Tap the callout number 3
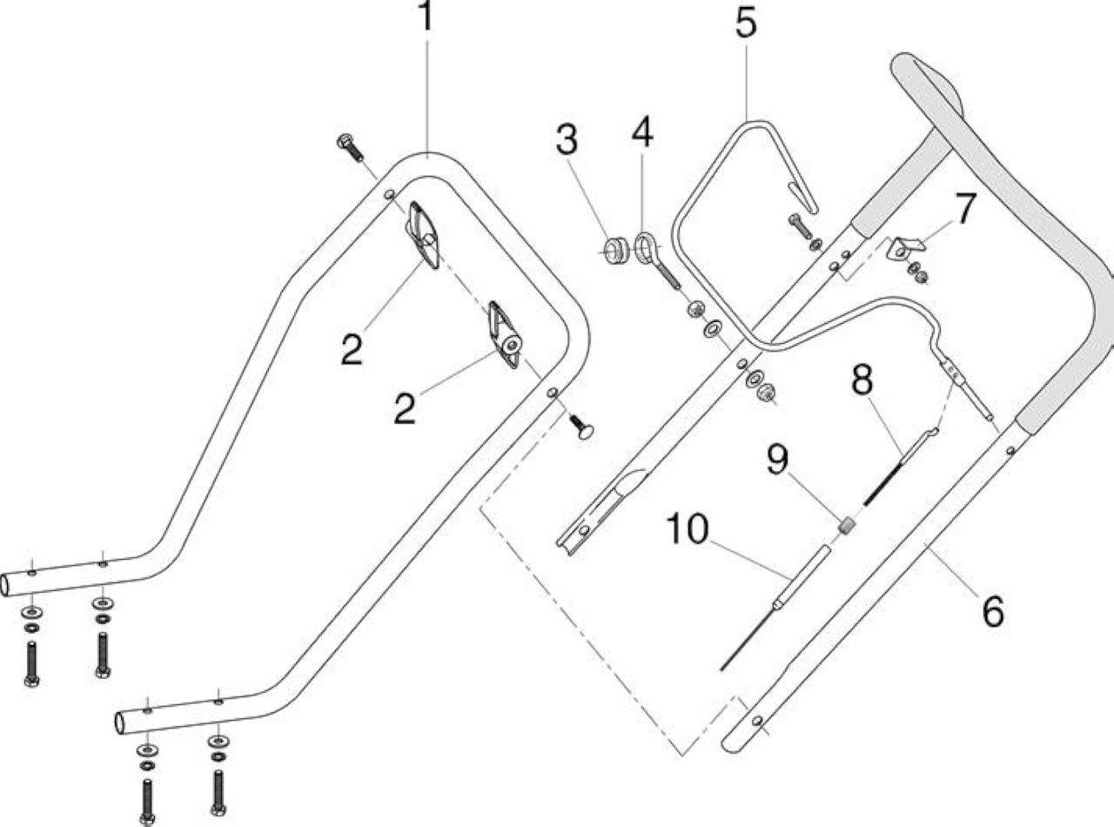tap(567, 138)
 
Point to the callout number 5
tap(747, 23)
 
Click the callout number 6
tap(993, 611)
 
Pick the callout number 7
tap(965, 209)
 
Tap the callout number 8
tap(862, 380)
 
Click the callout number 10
tap(687, 528)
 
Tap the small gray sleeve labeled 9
tap(846, 526)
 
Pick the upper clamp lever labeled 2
tap(422, 235)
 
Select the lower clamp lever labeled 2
tap(506, 334)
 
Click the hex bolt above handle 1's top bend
tap(351, 148)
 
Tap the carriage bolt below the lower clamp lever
tap(582, 427)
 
